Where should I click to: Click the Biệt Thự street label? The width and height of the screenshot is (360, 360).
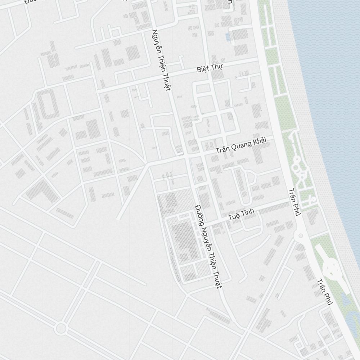pos(210,68)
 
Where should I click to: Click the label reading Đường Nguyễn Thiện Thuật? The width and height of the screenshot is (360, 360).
pos(208,247)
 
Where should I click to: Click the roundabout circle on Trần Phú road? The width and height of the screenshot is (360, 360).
pos(300,236)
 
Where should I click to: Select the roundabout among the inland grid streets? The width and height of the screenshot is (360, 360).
pos(61,328)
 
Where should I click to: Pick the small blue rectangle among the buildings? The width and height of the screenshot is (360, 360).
pos(228,37)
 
